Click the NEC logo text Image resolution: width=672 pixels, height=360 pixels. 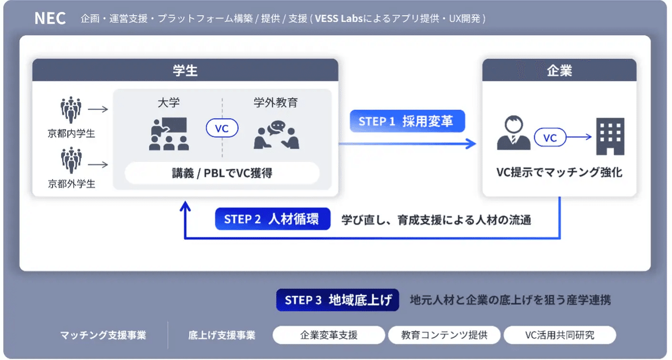(50, 18)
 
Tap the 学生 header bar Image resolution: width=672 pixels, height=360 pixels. (185, 71)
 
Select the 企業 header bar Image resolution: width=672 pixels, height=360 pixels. (559, 71)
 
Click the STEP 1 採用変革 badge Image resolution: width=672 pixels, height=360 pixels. (407, 121)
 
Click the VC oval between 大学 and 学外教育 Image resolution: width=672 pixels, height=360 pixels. (222, 128)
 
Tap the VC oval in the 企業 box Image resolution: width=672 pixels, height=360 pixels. (550, 137)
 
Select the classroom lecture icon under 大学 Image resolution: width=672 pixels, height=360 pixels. (169, 134)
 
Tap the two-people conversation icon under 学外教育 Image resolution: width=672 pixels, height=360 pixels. (276, 135)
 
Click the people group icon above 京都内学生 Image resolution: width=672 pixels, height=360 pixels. (71, 110)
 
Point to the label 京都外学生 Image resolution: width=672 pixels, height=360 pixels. (71, 184)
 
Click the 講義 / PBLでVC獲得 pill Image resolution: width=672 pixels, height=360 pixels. (222, 173)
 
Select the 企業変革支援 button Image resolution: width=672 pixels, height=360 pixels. (329, 335)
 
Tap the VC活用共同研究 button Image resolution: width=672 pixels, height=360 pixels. (559, 335)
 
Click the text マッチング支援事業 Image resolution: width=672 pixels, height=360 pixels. (103, 335)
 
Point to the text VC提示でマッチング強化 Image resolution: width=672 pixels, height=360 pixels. (559, 172)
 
